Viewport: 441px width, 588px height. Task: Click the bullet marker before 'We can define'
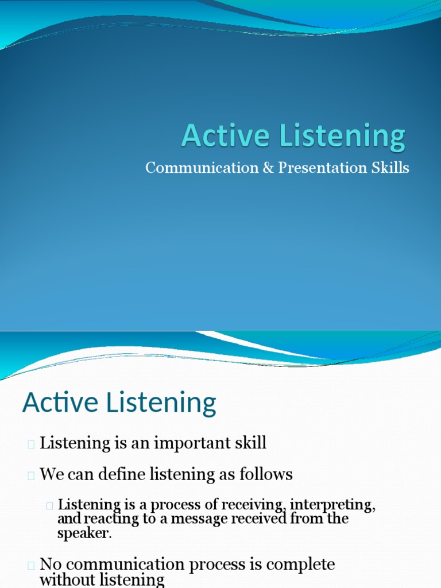click(31, 475)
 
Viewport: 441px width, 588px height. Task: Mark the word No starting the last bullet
click(49, 564)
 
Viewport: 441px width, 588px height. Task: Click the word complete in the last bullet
click(299, 565)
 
